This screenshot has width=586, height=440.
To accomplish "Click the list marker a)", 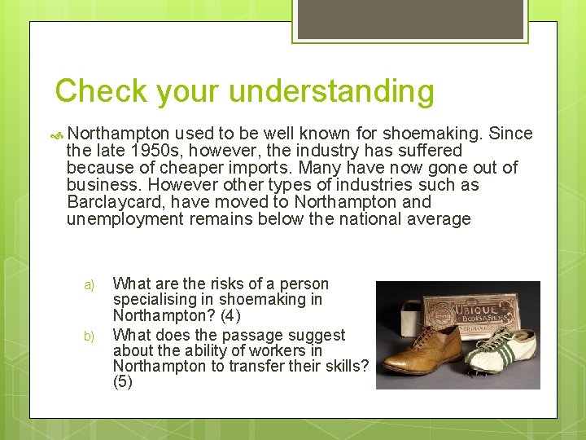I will tap(90, 285).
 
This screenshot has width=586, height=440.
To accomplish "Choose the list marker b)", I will tap(90, 336).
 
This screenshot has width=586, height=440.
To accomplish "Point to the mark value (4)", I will tap(230, 315).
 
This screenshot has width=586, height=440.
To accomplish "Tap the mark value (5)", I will tap(122, 382).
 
